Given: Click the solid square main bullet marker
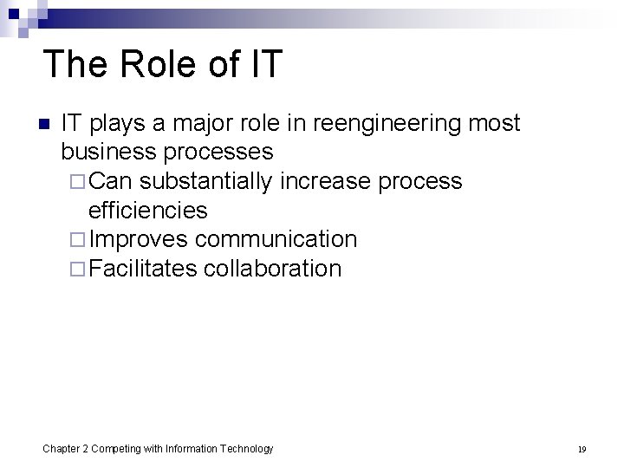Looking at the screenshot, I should click(44, 124).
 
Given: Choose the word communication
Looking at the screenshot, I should click(276, 239).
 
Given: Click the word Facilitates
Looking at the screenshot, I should click(143, 269).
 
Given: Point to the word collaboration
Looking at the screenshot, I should click(272, 269).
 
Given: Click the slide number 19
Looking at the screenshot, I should click(582, 449).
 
